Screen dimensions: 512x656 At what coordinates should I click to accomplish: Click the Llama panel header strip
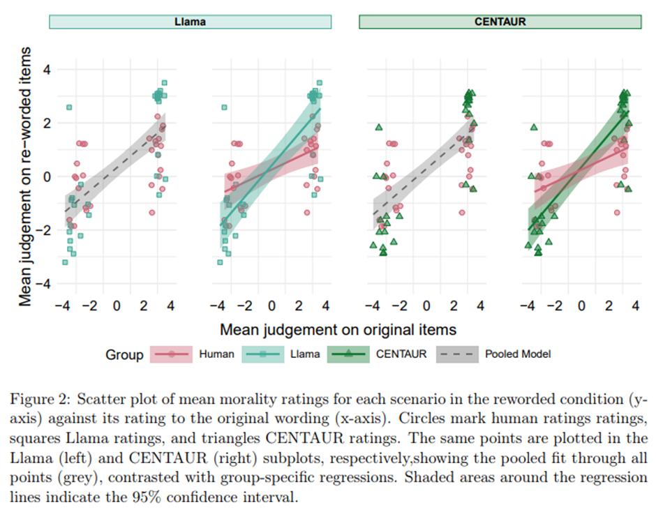(x=190, y=22)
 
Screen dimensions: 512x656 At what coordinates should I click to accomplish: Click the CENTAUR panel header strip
(x=500, y=22)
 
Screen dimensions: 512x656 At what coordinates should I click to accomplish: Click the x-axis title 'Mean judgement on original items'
(x=338, y=329)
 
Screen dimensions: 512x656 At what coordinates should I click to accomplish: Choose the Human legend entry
(x=216, y=354)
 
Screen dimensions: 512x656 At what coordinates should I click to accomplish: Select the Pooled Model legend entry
(x=518, y=354)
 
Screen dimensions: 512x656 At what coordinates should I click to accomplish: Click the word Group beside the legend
(x=124, y=354)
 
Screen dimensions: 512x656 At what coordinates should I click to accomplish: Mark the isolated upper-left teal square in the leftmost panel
(x=69, y=107)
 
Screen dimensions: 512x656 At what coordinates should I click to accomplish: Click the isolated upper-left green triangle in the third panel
(x=378, y=127)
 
